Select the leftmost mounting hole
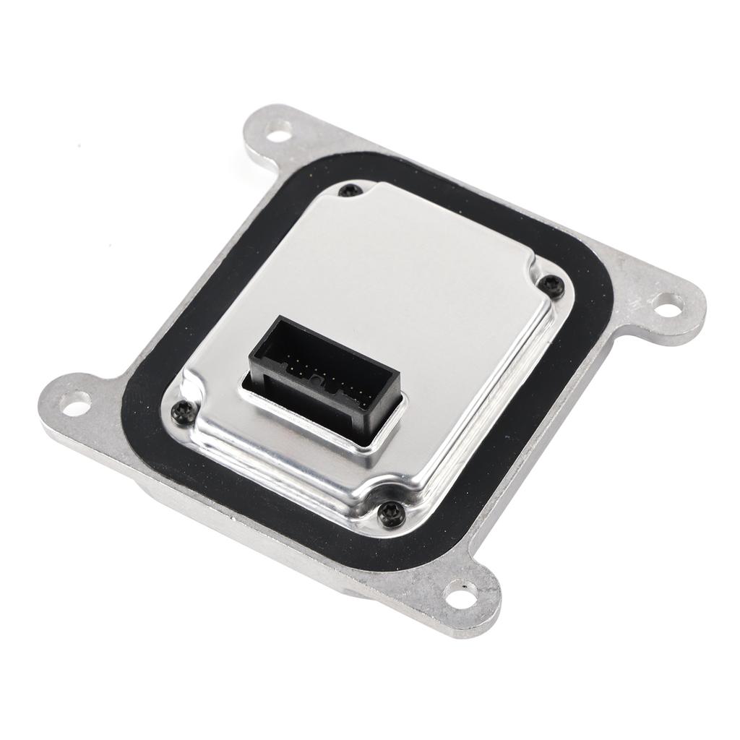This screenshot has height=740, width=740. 76,401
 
